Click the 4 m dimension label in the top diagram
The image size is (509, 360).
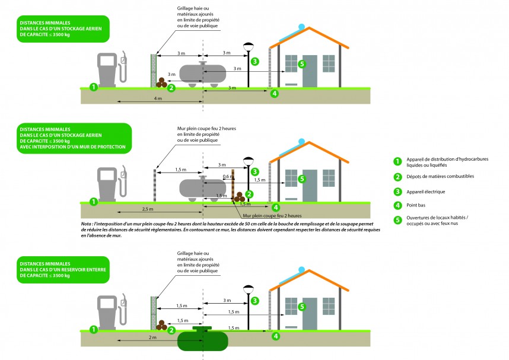(x=158, y=98)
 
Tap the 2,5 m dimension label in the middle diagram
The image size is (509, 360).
(x=149, y=209)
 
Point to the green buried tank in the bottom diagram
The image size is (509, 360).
(x=202, y=340)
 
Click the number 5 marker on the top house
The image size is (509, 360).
(x=302, y=63)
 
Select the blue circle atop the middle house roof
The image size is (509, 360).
(x=303, y=142)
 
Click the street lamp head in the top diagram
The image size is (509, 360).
(x=248, y=46)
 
